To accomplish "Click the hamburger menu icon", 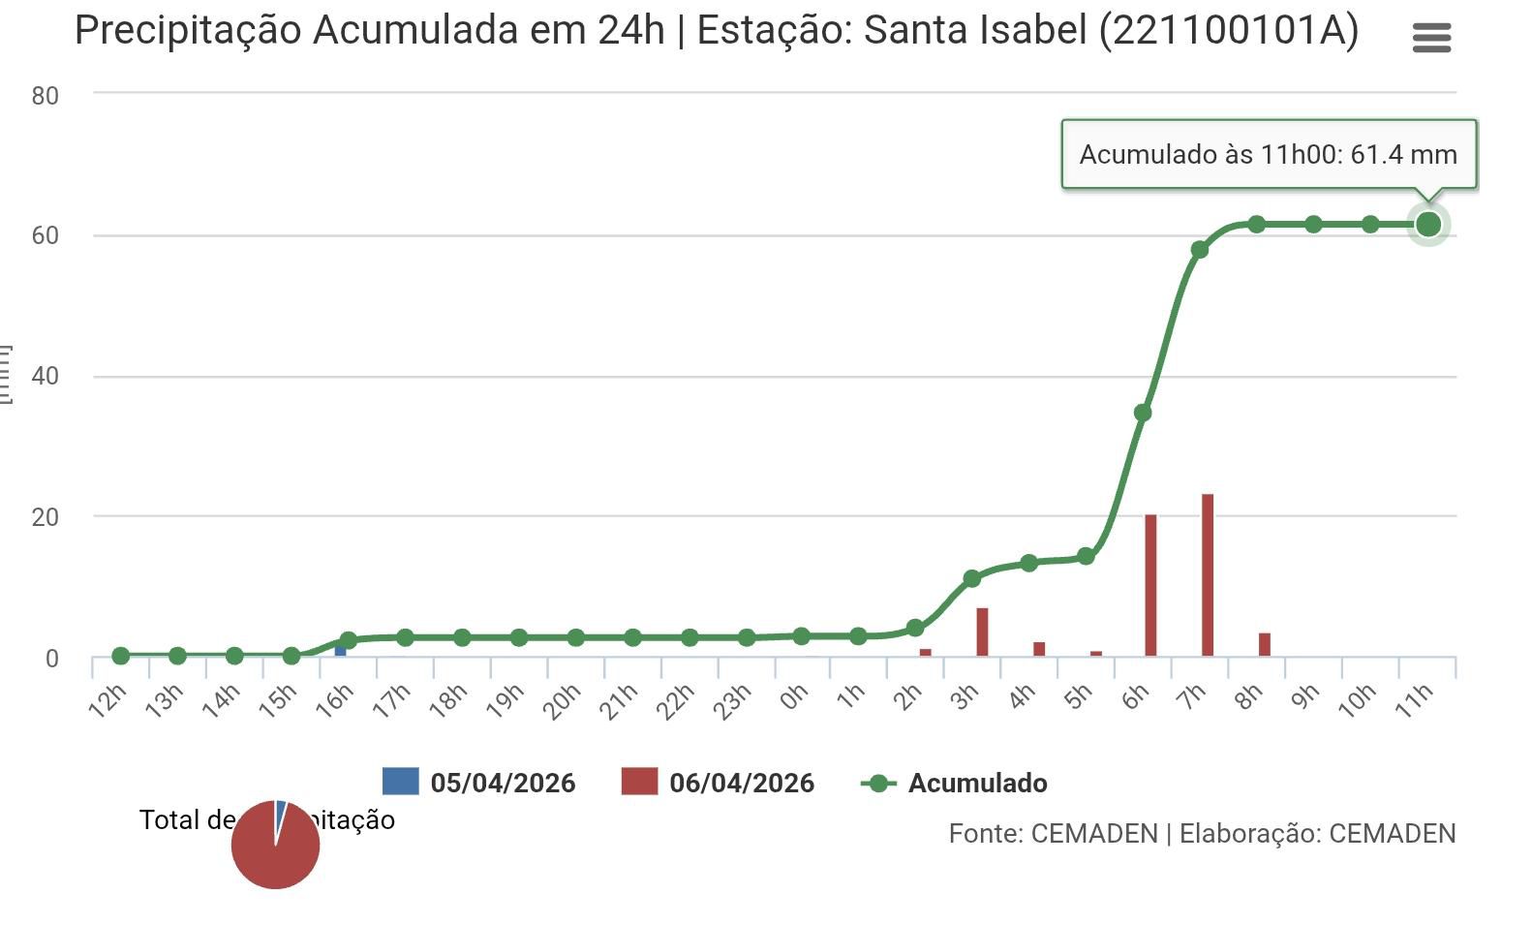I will [x=1431, y=38].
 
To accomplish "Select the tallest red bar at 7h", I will [x=1208, y=575].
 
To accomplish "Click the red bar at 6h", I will [x=1150, y=585].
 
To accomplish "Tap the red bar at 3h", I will [x=982, y=632].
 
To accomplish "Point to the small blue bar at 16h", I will [x=340, y=650].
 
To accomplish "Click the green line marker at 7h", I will [x=1200, y=250].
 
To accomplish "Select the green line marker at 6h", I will [x=1143, y=413].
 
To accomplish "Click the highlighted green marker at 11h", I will [x=1428, y=225].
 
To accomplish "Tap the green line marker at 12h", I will [x=121, y=656].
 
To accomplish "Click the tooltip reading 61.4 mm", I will [x=1269, y=154].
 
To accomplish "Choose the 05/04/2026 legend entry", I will [x=479, y=783].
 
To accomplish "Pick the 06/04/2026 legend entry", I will [x=719, y=783].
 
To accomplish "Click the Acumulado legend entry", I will [x=955, y=783].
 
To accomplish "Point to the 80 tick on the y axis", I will [x=46, y=96].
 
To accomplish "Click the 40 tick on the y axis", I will [x=46, y=376].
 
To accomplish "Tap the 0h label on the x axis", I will [x=794, y=696].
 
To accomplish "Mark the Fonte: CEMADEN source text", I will [x=1053, y=834].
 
